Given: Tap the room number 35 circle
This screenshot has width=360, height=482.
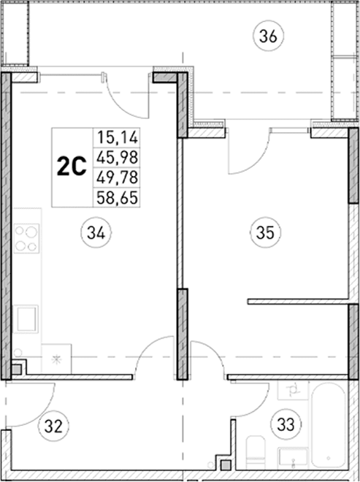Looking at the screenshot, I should point(265,234).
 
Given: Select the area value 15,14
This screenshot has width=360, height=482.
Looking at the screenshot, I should point(118,137).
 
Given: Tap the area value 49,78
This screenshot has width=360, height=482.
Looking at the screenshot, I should point(118,176).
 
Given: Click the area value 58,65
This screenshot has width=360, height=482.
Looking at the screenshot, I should point(118,196).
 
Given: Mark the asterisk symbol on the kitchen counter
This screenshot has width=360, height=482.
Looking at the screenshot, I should point(55,359).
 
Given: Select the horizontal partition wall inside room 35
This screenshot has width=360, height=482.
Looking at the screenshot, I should point(298,300).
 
